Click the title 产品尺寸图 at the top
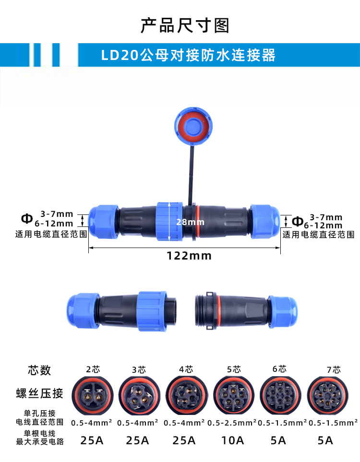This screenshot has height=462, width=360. [x=185, y=25]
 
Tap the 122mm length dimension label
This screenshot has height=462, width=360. [x=189, y=256]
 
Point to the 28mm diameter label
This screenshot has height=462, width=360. [x=190, y=222]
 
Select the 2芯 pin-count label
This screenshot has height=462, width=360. [x=93, y=369]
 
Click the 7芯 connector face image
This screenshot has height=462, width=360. [x=327, y=395]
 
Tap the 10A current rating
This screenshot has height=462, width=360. [x=233, y=440]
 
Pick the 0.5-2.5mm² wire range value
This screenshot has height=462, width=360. [x=232, y=423]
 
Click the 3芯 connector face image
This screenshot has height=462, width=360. [x=139, y=395]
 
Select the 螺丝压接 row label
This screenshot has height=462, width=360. [x=40, y=393]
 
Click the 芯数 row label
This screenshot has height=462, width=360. [x=39, y=370]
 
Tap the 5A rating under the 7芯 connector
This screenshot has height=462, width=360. [x=325, y=440]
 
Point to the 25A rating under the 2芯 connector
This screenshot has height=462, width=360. [x=92, y=440]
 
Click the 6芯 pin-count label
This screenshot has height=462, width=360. [x=279, y=369]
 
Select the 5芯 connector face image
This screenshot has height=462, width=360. [x=233, y=395]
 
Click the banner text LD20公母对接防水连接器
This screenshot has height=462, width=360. [x=189, y=55]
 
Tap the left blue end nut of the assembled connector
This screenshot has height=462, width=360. [x=104, y=222]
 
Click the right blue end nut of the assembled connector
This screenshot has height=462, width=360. [x=265, y=222]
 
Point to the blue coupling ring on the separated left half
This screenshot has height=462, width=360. [x=152, y=311]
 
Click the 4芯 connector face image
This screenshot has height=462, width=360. [x=186, y=395]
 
